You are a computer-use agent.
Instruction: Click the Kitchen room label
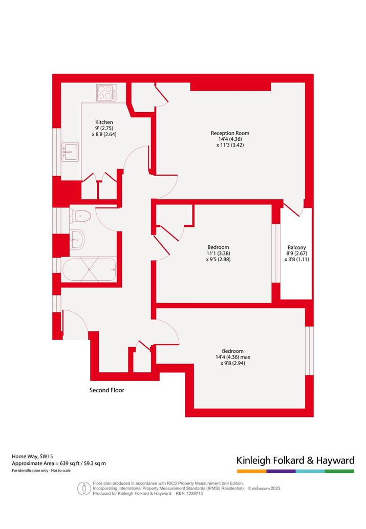coord(104,122)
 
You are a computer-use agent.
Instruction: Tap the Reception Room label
coord(230,133)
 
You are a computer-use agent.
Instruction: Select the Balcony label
coord(296,247)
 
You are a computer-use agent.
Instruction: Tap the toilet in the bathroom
coord(80,216)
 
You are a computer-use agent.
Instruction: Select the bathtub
coord(90,269)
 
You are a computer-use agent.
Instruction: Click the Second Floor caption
coord(106,390)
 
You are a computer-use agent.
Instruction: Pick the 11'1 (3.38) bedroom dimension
coord(218,253)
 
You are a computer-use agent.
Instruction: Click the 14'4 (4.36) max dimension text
coord(233,357)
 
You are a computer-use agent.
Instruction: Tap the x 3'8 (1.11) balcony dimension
coord(296,260)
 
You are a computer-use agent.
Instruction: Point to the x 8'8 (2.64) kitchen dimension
coord(104,134)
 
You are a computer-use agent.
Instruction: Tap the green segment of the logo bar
coord(340,471)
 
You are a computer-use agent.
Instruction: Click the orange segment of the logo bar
coord(252,471)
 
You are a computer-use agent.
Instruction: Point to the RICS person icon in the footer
coord(83,488)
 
